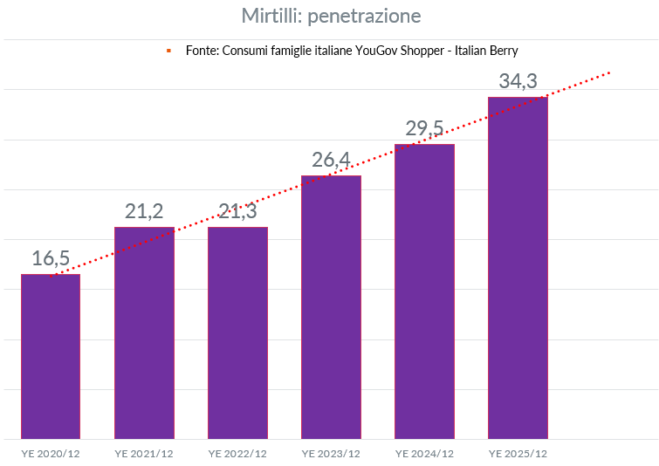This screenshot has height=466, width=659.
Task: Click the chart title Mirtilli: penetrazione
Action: click(331, 16)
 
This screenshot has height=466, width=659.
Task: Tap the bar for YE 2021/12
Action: click(144, 332)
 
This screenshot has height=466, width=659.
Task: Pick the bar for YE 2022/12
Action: click(237, 332)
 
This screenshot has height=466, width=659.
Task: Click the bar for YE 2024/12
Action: click(424, 291)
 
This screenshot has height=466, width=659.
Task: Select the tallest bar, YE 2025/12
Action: click(518, 267)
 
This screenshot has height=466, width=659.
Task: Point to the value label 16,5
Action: click(50, 258)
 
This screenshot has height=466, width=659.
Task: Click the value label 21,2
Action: click(144, 210)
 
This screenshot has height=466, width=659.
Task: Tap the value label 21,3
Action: click(237, 210)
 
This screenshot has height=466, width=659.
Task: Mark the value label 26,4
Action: click(331, 160)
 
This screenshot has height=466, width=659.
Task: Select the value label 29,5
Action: click(424, 129)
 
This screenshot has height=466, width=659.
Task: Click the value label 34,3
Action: click(518, 81)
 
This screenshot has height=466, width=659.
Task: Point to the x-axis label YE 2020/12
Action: click(51, 454)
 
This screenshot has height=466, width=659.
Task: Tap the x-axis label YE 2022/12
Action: click(237, 454)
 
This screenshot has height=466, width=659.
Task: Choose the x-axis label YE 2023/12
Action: click(331, 454)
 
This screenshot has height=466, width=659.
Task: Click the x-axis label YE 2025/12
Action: click(518, 454)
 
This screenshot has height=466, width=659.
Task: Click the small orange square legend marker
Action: click(168, 51)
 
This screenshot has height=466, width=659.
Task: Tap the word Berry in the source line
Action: click(504, 51)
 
